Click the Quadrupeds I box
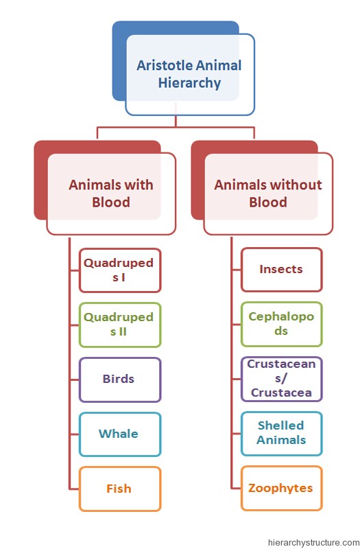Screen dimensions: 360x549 [x=119, y=270]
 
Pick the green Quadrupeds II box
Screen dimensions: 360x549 [x=119, y=325]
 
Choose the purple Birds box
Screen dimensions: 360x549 [x=119, y=379]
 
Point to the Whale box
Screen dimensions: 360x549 [x=119, y=434]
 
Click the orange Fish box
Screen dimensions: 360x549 [x=119, y=489]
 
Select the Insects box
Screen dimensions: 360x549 [x=281, y=270]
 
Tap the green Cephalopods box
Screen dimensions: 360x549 [x=281, y=324]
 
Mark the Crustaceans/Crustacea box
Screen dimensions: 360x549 [x=281, y=379]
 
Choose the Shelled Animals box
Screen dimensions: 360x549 [x=281, y=434]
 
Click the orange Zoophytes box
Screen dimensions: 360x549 [x=281, y=488]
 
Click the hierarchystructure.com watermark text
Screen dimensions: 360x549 [x=313, y=543]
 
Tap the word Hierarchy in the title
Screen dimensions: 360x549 [x=189, y=83]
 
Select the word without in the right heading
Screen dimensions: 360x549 [x=296, y=185]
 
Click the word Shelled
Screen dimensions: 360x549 [x=280, y=425]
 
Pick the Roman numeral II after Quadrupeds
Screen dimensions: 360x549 [x=122, y=331]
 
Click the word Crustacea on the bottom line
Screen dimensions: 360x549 [x=281, y=393]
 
